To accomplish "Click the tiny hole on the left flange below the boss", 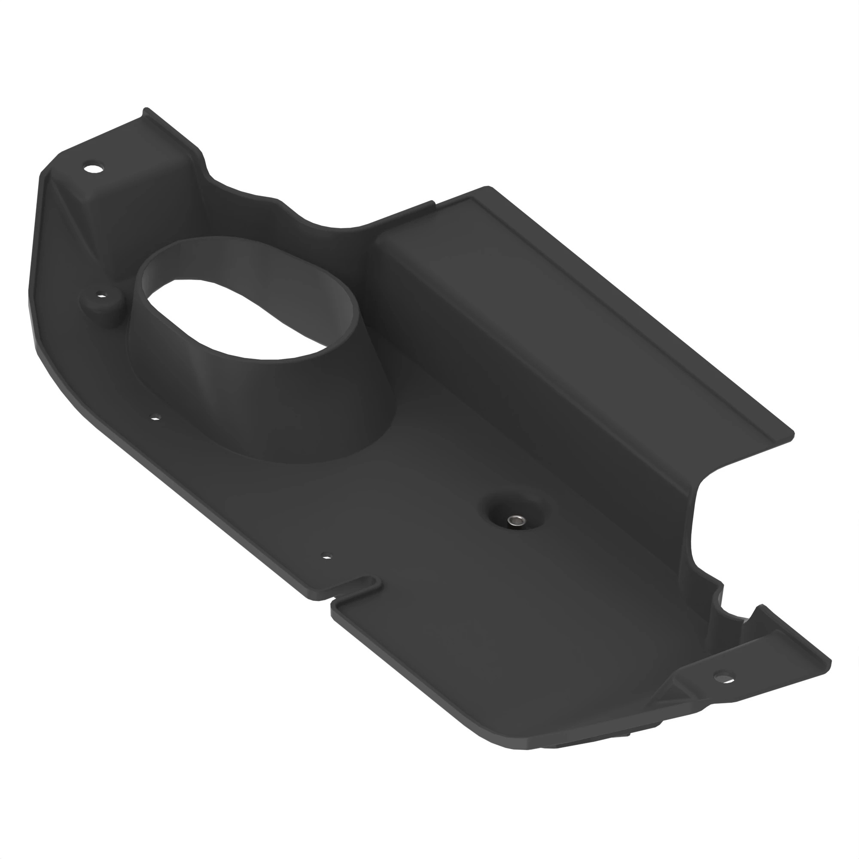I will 155,417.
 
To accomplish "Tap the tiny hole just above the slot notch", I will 327,556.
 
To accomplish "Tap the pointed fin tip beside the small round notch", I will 761,606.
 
